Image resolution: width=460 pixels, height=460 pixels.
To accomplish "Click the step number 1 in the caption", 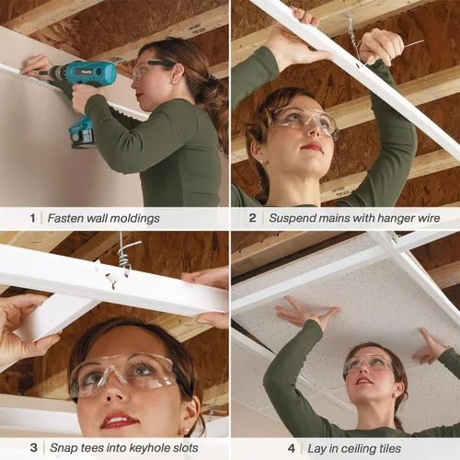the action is click(32, 218).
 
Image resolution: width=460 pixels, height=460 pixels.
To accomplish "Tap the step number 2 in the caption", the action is click(252, 218).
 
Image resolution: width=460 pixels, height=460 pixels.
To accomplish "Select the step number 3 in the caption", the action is click(34, 448).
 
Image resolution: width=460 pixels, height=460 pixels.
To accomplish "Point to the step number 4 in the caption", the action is click(292, 448).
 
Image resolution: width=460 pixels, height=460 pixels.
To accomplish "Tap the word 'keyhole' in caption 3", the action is click(149, 448).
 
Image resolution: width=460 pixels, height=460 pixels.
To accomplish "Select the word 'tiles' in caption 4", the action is click(390, 448).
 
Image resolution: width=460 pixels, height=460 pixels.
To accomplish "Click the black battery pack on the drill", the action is click(82, 138).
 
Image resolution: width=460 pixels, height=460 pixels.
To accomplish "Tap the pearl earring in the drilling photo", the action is click(174, 83).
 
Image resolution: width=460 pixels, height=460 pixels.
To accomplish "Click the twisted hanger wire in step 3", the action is click(126, 255).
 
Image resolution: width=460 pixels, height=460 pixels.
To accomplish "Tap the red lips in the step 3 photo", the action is click(119, 420).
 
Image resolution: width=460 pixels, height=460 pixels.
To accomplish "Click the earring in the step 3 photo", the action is click(186, 431).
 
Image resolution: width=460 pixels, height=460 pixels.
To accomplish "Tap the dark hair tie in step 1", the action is click(211, 80).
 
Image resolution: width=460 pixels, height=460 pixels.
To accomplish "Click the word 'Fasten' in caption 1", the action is click(65, 218).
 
